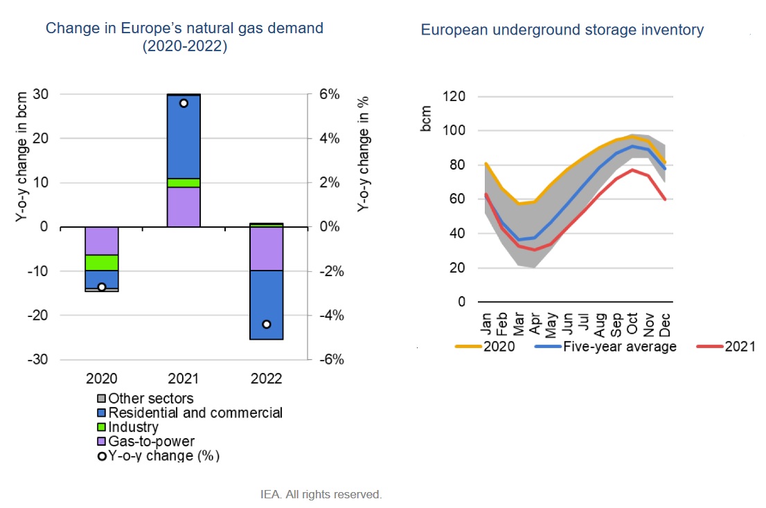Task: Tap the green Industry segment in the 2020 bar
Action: tap(102, 262)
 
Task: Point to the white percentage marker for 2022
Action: tap(266, 324)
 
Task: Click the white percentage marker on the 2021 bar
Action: tap(184, 103)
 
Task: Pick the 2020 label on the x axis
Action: tap(102, 379)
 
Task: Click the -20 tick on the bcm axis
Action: tap(39, 316)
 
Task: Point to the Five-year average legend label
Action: tap(619, 347)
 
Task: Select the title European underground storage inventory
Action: tap(562, 30)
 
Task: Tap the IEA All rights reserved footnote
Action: tap(321, 494)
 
